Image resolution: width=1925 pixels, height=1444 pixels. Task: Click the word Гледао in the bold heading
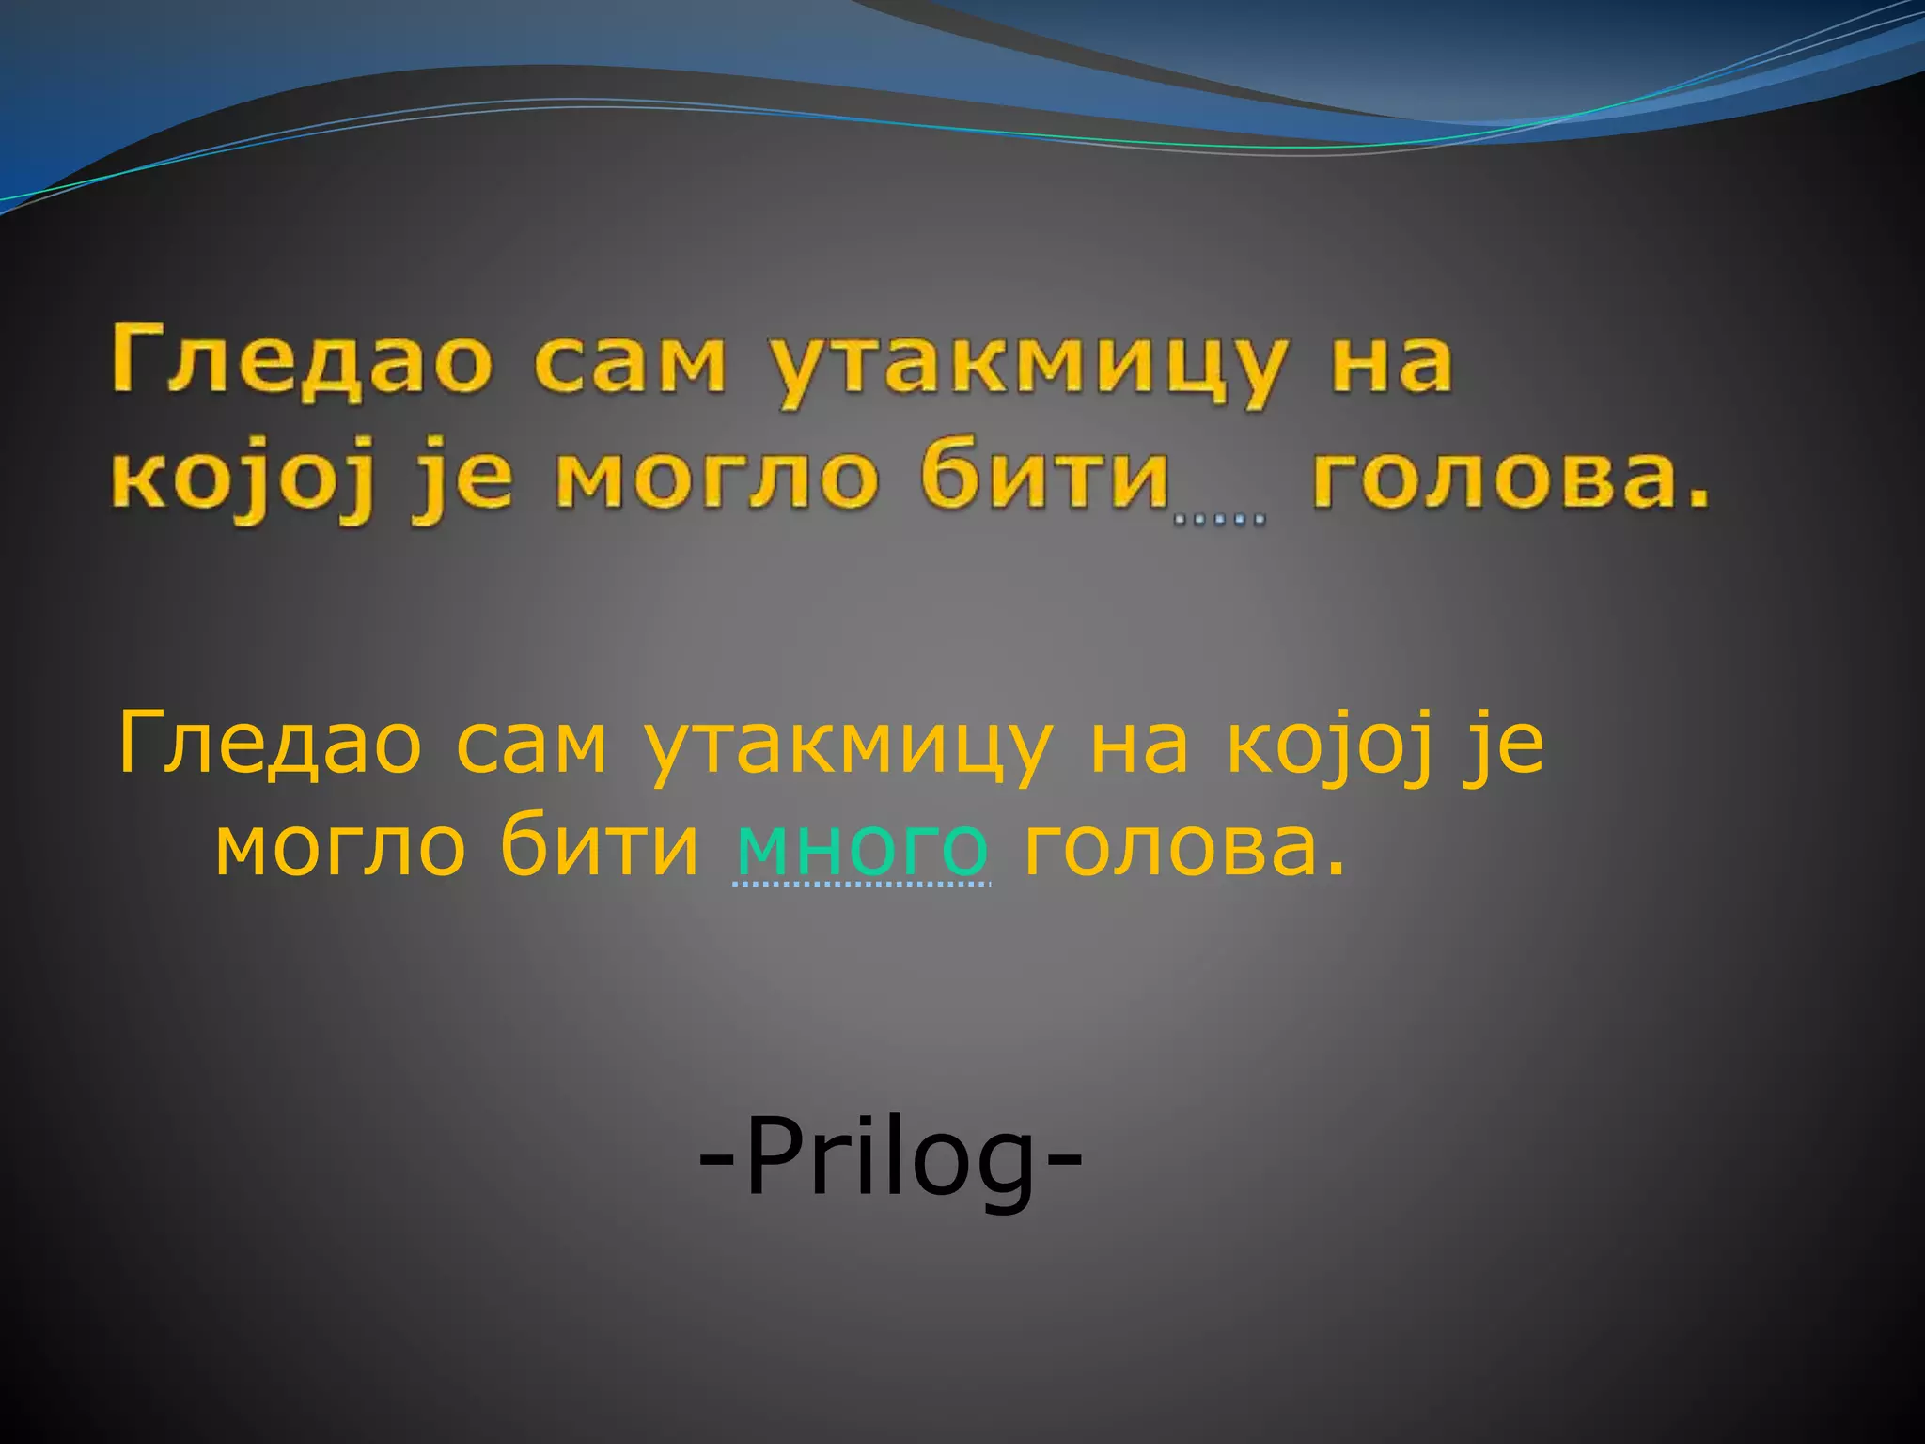(x=301, y=361)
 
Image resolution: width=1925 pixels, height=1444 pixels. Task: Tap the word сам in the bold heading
(x=630, y=361)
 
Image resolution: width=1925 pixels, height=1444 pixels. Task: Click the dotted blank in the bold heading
(x=1219, y=516)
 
